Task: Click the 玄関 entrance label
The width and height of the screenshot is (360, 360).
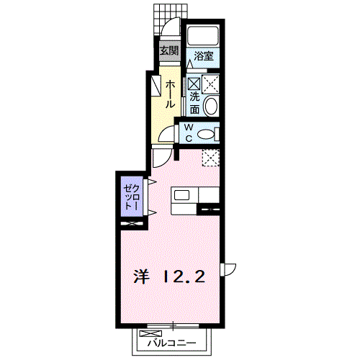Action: pos(169,51)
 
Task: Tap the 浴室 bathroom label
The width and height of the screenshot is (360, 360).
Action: pos(204,55)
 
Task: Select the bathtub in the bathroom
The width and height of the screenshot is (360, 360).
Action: pos(204,36)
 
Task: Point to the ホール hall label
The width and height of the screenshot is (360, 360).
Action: pos(170,94)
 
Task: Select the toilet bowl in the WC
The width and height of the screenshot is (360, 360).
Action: pos(205,133)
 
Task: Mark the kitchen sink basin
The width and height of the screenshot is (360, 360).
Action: pos(180,194)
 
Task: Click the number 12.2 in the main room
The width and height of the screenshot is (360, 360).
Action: pos(184,275)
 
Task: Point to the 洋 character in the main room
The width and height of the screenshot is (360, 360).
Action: pos(143,275)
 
